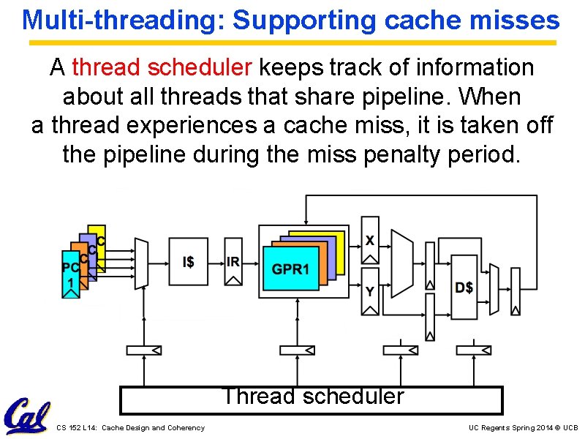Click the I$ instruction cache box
pyautogui.click(x=188, y=261)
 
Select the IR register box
pyautogui.click(x=233, y=262)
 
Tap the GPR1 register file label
pyautogui.click(x=291, y=269)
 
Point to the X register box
pyautogui.click(x=370, y=240)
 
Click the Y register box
pyautogui.click(x=370, y=291)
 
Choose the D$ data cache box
pyautogui.click(x=464, y=287)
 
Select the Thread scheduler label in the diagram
pyautogui.click(x=312, y=397)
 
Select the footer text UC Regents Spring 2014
pyautogui.click(x=511, y=427)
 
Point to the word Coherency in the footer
pyautogui.click(x=186, y=427)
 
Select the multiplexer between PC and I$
pyautogui.click(x=141, y=262)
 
